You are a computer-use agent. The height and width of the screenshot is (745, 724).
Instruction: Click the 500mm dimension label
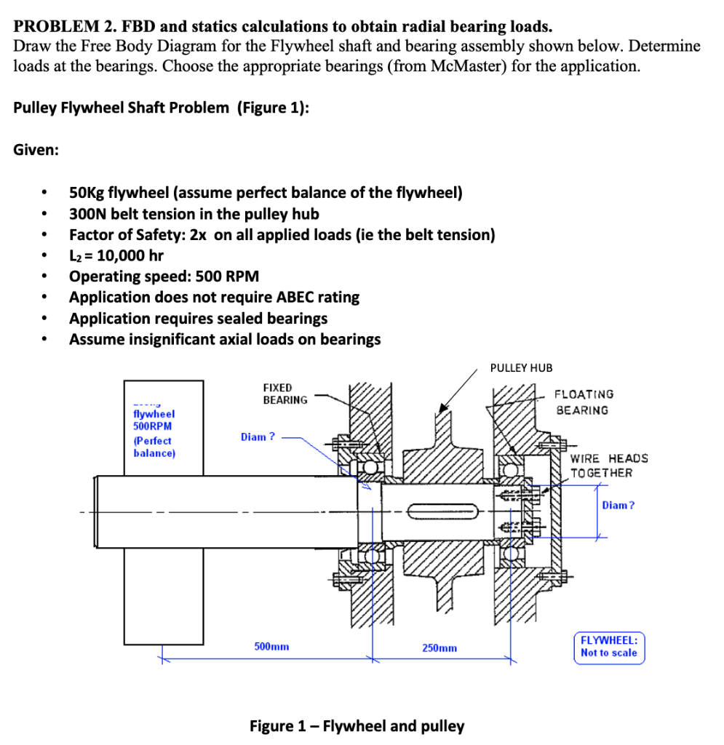271,646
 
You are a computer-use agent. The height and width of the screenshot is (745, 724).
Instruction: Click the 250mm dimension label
439,648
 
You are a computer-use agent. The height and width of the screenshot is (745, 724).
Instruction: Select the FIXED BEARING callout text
285,394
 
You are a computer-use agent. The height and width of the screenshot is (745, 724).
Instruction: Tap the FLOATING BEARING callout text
584,402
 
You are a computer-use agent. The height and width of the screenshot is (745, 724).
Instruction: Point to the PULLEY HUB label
521,367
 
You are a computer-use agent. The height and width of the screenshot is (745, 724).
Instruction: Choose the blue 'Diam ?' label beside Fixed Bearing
258,437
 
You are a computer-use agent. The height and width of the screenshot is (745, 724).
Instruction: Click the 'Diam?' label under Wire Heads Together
618,505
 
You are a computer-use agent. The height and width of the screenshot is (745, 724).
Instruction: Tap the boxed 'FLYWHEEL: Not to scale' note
609,646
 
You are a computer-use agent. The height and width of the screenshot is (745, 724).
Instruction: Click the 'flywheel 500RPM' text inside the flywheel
154,419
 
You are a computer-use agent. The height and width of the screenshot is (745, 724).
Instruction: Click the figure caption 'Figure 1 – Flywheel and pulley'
357,725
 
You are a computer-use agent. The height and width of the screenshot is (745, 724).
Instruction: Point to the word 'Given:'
36,150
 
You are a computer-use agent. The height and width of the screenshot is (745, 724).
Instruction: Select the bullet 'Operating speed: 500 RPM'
164,276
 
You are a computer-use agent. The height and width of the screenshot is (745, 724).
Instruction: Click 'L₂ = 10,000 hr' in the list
116,255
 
